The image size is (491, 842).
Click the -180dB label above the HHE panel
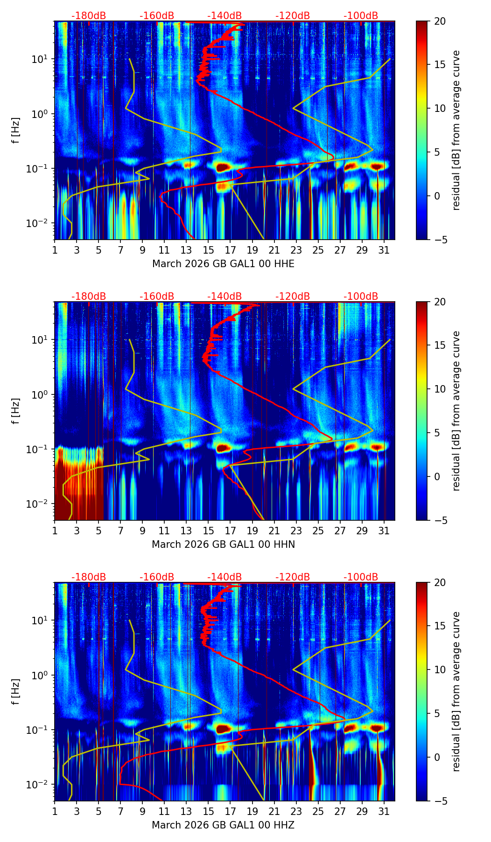coord(89,16)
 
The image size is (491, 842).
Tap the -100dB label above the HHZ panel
coord(361,577)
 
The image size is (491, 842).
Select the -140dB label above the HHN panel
coord(224,297)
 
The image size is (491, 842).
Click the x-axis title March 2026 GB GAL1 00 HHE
coord(223,264)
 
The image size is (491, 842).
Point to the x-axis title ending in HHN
coord(223,545)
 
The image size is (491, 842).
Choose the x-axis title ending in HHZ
coord(223,825)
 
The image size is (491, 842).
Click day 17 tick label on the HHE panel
coord(231,250)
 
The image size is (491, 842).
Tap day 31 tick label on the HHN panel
coord(384,531)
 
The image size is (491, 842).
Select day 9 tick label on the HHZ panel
coord(142,811)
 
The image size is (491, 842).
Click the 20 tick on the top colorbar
coord(440,21)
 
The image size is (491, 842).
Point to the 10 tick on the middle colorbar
coord(440,389)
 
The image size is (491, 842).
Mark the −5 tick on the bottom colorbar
coord(440,801)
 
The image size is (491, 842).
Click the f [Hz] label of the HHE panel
coord(16,130)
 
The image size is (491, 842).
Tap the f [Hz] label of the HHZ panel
coord(16,691)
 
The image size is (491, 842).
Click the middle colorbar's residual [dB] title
coord(456,411)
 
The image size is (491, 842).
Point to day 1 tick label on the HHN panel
coord(55,531)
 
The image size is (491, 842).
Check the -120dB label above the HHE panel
coord(293,16)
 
